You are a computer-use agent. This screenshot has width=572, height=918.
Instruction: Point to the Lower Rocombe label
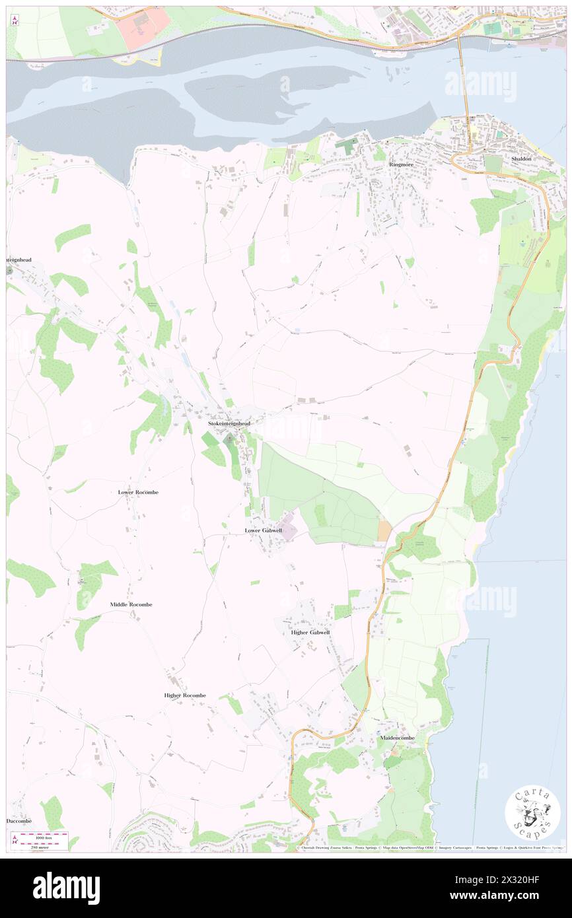pos(138,493)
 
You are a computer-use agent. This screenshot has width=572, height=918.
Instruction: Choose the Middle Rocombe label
pos(131,604)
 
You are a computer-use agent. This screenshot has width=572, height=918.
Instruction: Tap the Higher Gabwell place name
pos(310,632)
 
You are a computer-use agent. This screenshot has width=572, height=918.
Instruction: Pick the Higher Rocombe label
pos(185,695)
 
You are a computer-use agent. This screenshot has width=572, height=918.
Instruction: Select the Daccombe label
pos(19,821)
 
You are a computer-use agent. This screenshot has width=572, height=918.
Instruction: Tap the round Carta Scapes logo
pos(532,814)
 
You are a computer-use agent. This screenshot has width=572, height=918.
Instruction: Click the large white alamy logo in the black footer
pos(66,888)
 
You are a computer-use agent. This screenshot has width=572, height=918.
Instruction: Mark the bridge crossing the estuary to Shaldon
pos(465,79)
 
